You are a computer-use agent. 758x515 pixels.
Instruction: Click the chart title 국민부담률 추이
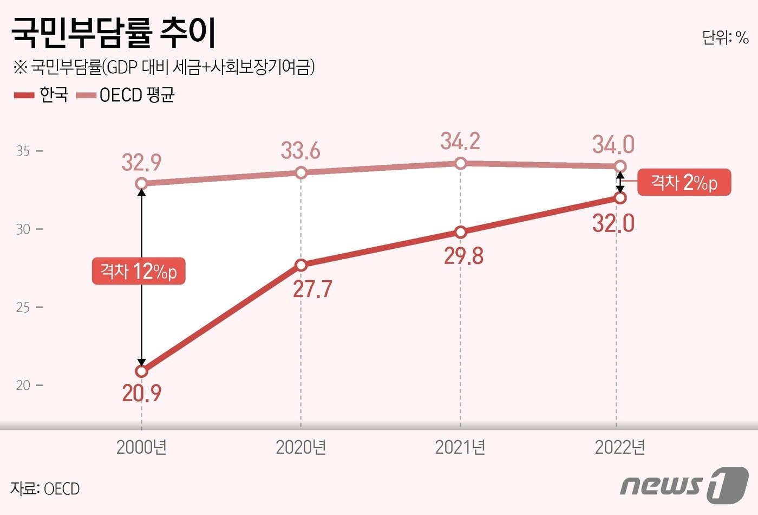114,34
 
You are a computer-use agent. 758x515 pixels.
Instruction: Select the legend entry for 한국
41,95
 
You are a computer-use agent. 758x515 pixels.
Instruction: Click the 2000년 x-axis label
141,447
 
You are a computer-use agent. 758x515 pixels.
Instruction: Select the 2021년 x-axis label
460,447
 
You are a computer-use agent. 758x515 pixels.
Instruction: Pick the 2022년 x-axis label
620,447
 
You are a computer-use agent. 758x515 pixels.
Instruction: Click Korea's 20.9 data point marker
141,371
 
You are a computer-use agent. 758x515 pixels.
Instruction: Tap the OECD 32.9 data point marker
141,183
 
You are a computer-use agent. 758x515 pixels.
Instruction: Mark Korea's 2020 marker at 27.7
301,265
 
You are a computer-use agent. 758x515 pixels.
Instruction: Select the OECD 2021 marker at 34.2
460,163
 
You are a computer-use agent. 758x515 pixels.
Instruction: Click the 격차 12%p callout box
139,271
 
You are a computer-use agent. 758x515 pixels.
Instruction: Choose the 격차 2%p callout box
684,182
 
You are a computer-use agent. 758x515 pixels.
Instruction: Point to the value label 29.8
463,256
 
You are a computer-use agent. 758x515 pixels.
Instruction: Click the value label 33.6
300,151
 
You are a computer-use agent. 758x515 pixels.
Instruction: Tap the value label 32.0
613,223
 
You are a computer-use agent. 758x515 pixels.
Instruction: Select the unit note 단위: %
726,37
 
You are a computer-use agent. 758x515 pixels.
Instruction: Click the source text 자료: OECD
45,488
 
